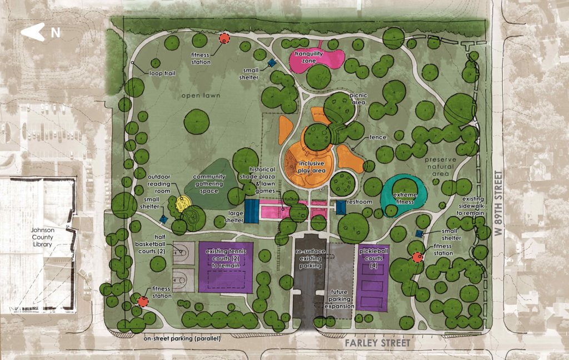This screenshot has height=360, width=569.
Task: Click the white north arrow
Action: coord(33,32)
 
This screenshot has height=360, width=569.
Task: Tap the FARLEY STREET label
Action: coord(376,343)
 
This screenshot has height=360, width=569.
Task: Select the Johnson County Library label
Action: coord(43,237)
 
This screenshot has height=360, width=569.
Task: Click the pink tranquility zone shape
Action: coord(317,58)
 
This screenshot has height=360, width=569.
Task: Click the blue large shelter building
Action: coord(252,211)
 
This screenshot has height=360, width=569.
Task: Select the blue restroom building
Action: coord(340,207)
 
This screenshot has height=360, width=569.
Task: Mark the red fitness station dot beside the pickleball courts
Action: coord(417,257)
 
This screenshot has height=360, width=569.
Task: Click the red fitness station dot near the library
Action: coord(142,302)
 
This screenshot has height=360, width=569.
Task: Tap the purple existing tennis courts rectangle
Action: coord(226,267)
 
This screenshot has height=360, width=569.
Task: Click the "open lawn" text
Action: coord(201,96)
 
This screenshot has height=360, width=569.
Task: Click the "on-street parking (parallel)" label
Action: coord(182,338)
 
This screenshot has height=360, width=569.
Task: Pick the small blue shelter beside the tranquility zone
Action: coord(272,64)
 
